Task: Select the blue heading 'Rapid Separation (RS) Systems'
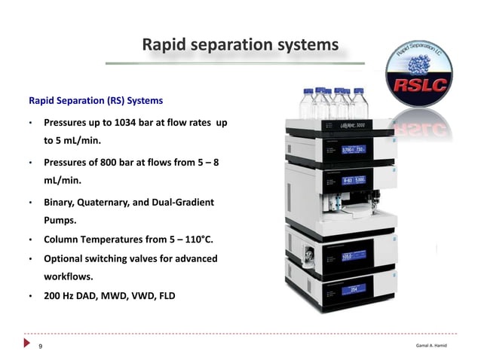pyautogui.click(x=95, y=100)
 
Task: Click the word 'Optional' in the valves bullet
pyautogui.click(x=66, y=258)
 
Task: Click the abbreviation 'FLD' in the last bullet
pyautogui.click(x=166, y=296)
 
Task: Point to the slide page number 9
pyautogui.click(x=41, y=346)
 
